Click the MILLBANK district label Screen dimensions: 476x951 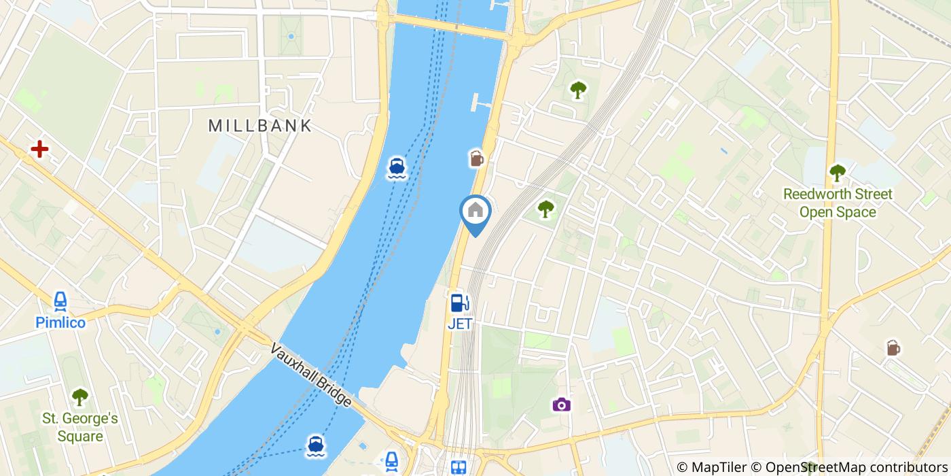(x=260, y=126)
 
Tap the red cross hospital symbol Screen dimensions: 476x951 (x=39, y=148)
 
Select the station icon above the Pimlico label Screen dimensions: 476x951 (x=61, y=301)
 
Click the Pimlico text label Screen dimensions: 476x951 (x=61, y=322)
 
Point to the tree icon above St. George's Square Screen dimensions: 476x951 (x=80, y=396)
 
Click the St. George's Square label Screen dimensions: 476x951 (x=80, y=427)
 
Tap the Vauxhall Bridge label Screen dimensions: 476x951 (x=311, y=375)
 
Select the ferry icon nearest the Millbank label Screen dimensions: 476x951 (x=397, y=167)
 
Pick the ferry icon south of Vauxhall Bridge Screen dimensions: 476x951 (x=315, y=445)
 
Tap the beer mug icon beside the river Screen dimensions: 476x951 (x=476, y=159)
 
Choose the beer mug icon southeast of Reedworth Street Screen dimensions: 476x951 (x=893, y=348)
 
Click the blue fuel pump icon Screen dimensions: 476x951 (x=459, y=303)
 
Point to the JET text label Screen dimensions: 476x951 (x=459, y=324)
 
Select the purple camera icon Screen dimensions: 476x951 (x=561, y=405)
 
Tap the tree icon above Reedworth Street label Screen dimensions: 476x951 (x=838, y=173)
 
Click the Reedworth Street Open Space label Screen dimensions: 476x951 (x=838, y=203)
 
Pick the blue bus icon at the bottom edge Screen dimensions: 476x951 (x=459, y=468)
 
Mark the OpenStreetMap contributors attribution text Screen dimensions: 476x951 (x=856, y=467)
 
